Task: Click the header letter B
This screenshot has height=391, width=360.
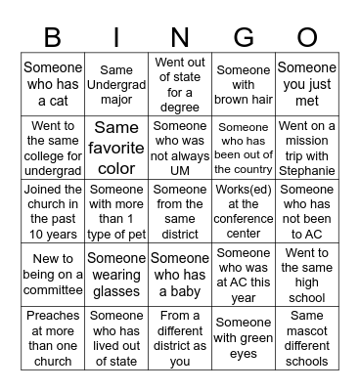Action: coord(53,37)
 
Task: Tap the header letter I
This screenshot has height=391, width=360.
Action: coord(116,37)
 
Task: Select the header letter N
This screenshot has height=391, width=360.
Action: coord(180,37)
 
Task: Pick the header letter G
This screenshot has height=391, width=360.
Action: coord(244,37)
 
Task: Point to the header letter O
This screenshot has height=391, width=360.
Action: coord(307,37)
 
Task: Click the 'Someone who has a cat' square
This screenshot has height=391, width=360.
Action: coord(53,85)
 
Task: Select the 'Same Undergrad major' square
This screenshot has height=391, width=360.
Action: coord(116,85)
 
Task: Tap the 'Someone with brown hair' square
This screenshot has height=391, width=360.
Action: coord(244,85)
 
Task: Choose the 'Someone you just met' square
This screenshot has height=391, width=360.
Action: coord(307,85)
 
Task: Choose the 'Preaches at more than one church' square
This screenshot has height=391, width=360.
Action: coord(53,338)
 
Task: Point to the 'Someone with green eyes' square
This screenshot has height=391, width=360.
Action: coord(244,338)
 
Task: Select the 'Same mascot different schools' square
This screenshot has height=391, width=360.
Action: coord(307,338)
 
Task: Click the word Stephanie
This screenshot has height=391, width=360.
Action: coord(306,170)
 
